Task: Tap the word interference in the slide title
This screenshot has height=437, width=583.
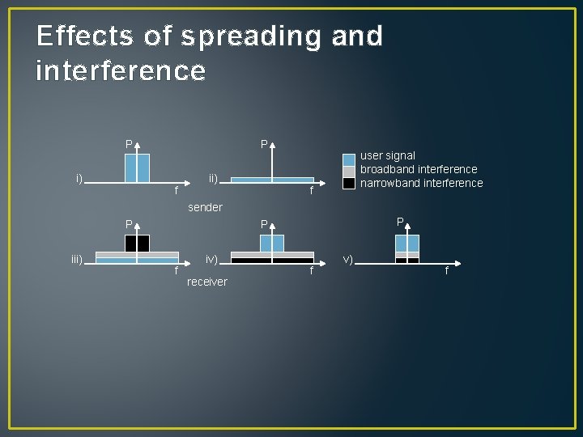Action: pyautogui.click(x=121, y=71)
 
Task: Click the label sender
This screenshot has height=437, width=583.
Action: pyautogui.click(x=205, y=207)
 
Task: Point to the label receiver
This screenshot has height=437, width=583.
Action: pyautogui.click(x=207, y=282)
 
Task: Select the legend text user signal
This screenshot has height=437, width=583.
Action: pyautogui.click(x=388, y=155)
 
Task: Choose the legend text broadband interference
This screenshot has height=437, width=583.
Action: pyautogui.click(x=419, y=169)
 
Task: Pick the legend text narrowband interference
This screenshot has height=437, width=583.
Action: pyautogui.click(x=421, y=183)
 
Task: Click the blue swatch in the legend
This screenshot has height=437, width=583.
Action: pyautogui.click(x=349, y=159)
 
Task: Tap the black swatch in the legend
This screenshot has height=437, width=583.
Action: pyautogui.click(x=349, y=184)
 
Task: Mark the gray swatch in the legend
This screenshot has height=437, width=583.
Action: pyautogui.click(x=349, y=171)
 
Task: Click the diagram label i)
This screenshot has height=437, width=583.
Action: pyautogui.click(x=79, y=177)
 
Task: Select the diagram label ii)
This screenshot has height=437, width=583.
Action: pyautogui.click(x=213, y=177)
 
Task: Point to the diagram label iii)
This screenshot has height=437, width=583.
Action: pyautogui.click(x=78, y=259)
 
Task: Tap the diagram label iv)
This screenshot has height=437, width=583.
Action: pyautogui.click(x=211, y=259)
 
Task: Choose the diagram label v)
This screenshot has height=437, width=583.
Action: pyautogui.click(x=348, y=259)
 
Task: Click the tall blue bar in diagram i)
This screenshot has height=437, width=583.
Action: pyautogui.click(x=137, y=168)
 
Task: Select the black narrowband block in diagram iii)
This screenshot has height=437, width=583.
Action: pyautogui.click(x=137, y=243)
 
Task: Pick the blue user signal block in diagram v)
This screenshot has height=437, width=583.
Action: pyautogui.click(x=407, y=243)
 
